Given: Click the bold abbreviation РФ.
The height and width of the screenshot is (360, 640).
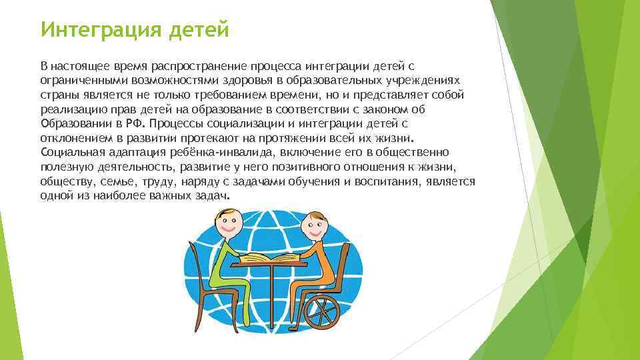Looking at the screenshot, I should tap(136, 123).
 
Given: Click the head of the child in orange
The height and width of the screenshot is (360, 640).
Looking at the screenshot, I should tap(314, 228).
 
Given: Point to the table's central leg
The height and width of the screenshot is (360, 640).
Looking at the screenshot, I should tap(275, 293).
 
